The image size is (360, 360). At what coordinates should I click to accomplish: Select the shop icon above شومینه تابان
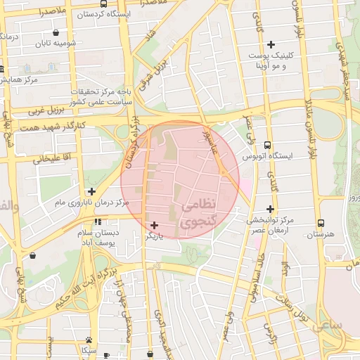(x=56, y=32)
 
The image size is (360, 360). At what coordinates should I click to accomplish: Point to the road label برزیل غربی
(x=46, y=110)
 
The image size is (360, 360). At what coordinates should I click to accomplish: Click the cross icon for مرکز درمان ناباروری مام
(x=91, y=191)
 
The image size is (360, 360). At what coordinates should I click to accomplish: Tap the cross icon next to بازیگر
(x=155, y=226)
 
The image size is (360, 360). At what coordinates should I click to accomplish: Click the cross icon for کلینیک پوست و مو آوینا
(x=270, y=54)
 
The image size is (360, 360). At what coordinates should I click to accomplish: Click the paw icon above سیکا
(x=89, y=339)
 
